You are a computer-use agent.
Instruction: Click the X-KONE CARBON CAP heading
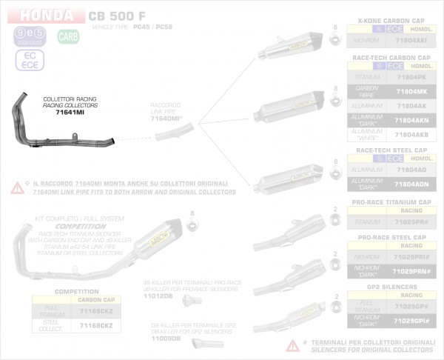tap(390, 20)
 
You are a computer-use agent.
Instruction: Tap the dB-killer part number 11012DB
tap(158, 296)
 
